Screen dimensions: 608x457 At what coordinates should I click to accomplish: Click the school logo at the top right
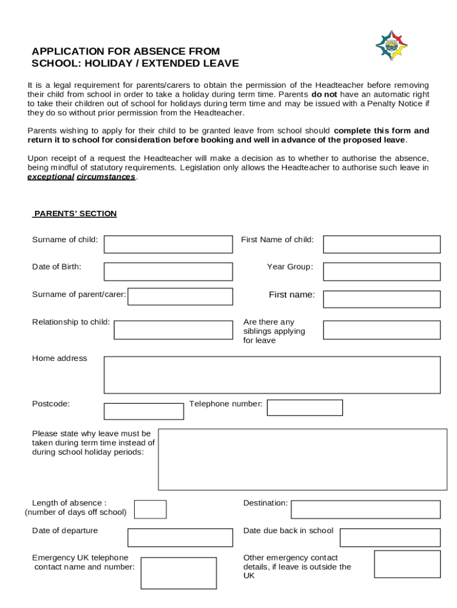point(392,46)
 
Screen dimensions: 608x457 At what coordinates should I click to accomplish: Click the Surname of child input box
point(168,244)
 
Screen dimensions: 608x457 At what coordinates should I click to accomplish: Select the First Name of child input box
point(382,244)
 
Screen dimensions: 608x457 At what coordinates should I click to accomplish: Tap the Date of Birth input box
point(168,271)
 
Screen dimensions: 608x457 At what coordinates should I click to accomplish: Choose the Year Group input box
point(382,271)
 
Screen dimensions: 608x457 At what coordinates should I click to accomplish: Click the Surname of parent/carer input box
point(180,296)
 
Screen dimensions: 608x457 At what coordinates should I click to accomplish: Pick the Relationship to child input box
point(173,330)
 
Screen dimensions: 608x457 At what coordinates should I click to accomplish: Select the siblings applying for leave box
point(382,330)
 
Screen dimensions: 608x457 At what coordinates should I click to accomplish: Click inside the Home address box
point(272,375)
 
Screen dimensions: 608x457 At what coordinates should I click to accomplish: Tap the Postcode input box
point(144,411)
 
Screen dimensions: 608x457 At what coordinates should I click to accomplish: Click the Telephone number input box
point(304,407)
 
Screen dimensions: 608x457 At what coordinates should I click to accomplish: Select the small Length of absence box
point(150,509)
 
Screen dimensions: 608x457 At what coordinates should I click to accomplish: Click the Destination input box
point(366,509)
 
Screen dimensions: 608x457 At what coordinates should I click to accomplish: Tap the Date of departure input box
point(180,537)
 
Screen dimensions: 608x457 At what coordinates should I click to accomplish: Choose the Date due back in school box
point(390,537)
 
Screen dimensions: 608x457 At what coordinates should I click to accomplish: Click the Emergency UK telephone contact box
point(178,572)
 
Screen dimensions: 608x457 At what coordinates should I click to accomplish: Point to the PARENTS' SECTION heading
point(75,214)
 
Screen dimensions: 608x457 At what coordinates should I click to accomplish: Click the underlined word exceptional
point(50,177)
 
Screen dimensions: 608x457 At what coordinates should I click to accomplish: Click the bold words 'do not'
point(324,94)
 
